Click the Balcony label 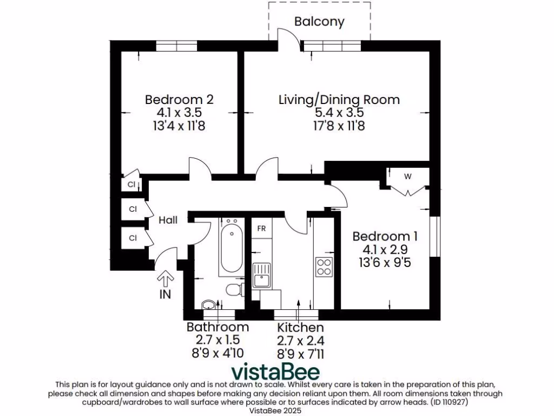coord(319,22)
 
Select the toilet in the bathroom coord(234,290)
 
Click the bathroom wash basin coord(209,304)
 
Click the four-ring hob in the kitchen coord(324,266)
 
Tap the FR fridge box coord(261,228)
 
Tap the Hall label coord(168,220)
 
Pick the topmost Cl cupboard coord(131,185)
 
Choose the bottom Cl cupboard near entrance coord(132,237)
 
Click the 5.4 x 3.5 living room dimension coord(339,113)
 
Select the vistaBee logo coord(276,373)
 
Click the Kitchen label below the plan coord(300,328)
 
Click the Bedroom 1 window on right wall coord(434,236)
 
